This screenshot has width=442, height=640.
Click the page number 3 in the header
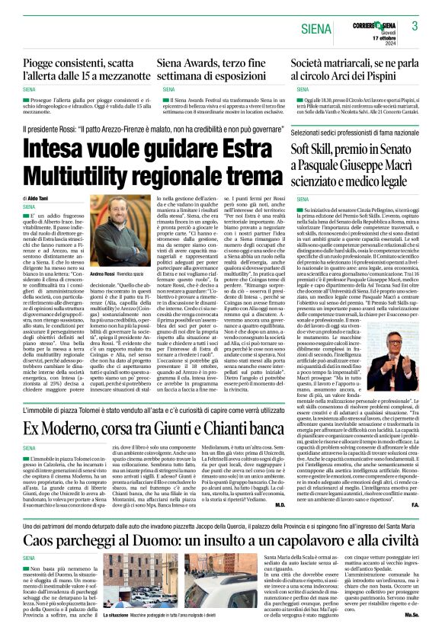click(415, 26)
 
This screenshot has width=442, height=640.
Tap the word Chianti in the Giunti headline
click(208, 427)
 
